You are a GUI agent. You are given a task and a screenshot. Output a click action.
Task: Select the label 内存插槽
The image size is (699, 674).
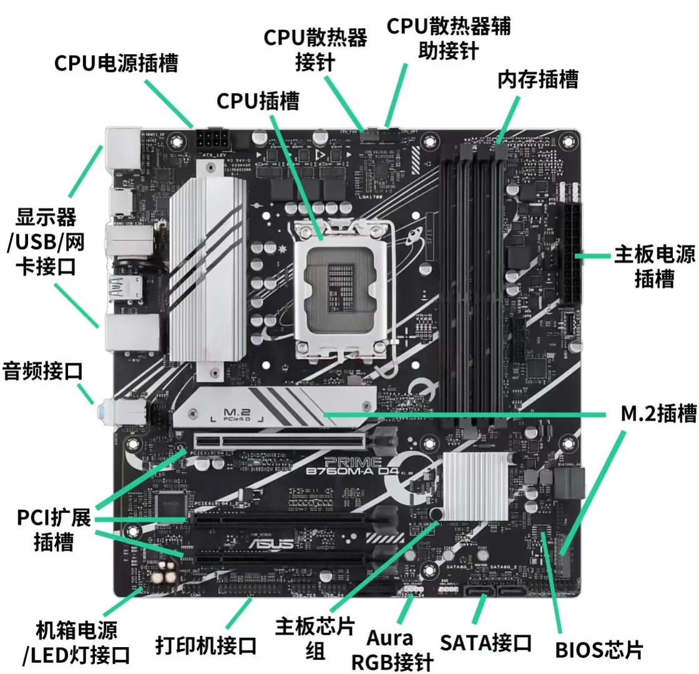click(x=538, y=79)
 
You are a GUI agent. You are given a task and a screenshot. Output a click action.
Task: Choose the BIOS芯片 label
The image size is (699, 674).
click(x=599, y=650)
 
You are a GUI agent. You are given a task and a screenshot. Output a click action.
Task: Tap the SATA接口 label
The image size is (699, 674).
click(x=486, y=643)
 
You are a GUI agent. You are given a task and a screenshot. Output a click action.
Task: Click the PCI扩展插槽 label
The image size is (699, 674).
click(x=54, y=530)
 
